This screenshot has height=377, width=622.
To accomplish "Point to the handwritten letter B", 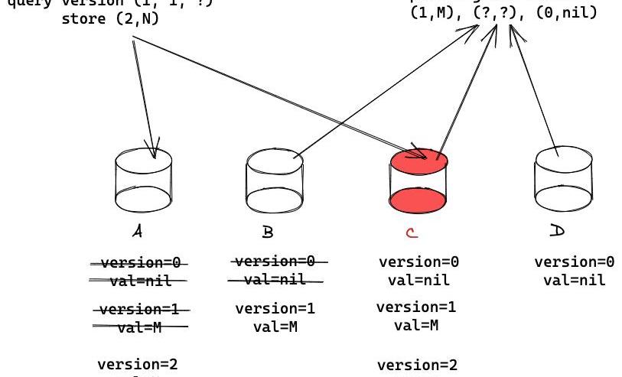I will [x=267, y=231].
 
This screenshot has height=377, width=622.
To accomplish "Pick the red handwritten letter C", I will [x=412, y=231].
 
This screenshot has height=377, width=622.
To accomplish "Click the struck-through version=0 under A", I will [x=139, y=263].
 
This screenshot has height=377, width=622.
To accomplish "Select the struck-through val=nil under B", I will [x=275, y=280].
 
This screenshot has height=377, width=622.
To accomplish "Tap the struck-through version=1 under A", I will [x=139, y=310].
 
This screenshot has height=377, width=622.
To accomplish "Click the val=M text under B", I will [x=275, y=327].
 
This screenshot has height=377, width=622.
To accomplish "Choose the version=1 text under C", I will [x=417, y=307].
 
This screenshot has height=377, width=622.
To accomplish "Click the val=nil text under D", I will [x=574, y=280].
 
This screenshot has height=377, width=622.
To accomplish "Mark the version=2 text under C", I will [x=417, y=366].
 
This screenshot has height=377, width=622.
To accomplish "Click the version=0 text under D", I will [x=574, y=262].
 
